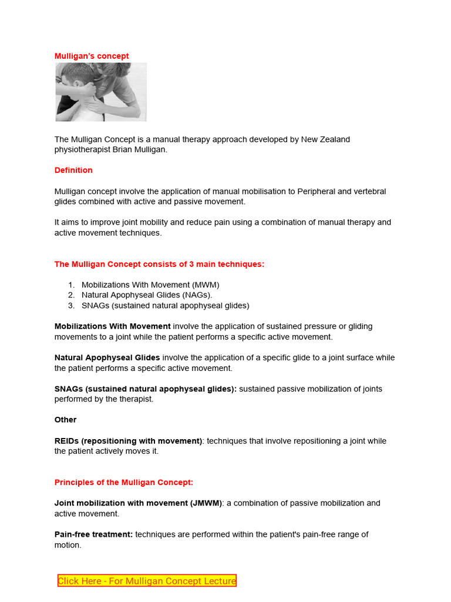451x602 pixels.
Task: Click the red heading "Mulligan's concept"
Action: point(92,56)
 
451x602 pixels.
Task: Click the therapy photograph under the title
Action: point(101,92)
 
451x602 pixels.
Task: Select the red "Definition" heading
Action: point(73,170)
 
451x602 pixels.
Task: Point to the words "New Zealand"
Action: point(325,139)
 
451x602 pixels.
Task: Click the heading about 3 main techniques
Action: point(159,265)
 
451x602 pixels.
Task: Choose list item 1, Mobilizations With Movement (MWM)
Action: point(150,285)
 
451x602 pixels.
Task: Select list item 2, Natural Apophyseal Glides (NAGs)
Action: point(147,295)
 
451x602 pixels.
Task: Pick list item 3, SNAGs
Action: point(165,306)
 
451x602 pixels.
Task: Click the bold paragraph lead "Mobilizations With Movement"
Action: point(112,326)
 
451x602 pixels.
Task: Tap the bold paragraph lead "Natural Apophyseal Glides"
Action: point(107,357)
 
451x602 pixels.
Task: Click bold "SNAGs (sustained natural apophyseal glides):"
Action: point(145,389)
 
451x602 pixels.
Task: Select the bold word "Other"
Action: point(65,420)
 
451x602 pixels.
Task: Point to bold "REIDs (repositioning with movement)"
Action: point(128,441)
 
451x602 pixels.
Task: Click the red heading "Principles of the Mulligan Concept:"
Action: point(123,483)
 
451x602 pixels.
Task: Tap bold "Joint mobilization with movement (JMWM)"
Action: point(138,503)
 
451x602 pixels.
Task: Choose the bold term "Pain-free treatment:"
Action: point(93,534)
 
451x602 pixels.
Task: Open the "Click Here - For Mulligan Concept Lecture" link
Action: point(147,581)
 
